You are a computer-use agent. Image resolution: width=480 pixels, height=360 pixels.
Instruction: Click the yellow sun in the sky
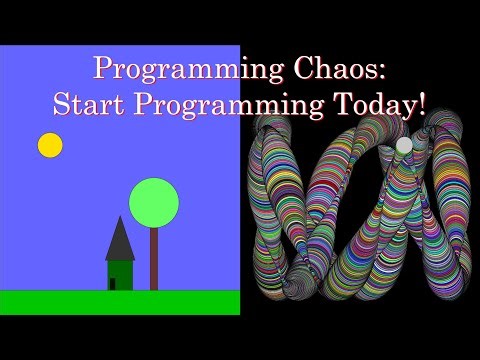click(50, 145)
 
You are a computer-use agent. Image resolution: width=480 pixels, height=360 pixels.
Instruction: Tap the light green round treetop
click(154, 201)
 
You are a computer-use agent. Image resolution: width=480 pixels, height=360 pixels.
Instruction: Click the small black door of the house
click(112, 283)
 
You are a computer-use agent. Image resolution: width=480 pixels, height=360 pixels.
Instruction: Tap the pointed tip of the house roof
click(120, 217)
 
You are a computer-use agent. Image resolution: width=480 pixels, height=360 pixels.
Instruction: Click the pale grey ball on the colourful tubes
click(404, 146)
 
